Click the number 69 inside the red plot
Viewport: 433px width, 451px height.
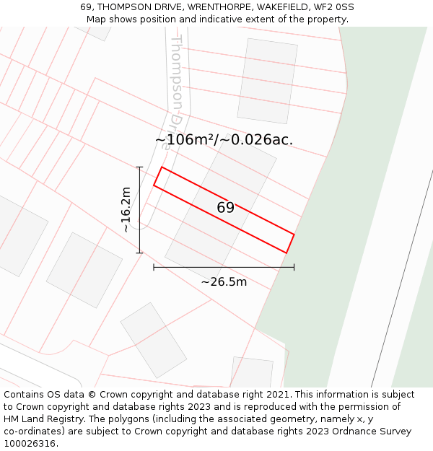coord(225,208)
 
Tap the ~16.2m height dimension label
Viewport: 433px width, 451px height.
coord(126,209)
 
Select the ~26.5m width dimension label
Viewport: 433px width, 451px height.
coord(224,281)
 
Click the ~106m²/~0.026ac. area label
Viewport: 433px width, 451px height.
coord(224,140)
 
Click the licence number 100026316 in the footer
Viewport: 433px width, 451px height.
coord(30,444)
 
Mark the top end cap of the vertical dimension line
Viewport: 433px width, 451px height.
coord(140,167)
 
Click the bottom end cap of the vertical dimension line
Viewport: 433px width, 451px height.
coord(140,253)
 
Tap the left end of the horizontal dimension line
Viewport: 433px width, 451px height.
coord(154,267)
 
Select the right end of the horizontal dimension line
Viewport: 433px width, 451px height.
coord(294,267)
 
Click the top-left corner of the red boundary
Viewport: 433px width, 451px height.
coord(162,167)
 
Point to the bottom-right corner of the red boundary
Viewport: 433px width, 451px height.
coord(287,253)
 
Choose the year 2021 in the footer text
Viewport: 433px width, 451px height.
coord(276,395)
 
